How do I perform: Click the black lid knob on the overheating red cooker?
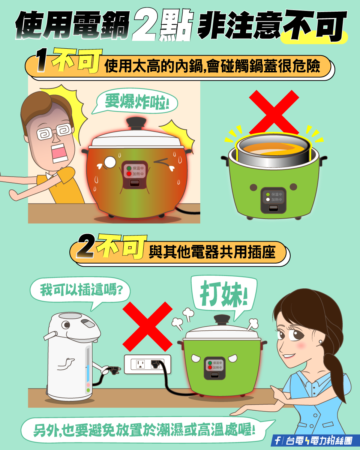pyautogui.click(x=136, y=123)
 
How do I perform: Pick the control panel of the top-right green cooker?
pyautogui.click(x=273, y=200)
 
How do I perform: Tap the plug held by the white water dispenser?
pyautogui.click(x=112, y=370)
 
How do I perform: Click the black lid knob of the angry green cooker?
pyautogui.click(x=222, y=319)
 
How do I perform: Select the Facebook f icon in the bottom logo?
pyautogui.click(x=277, y=441)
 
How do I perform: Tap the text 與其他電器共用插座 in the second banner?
pyautogui.click(x=212, y=253)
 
